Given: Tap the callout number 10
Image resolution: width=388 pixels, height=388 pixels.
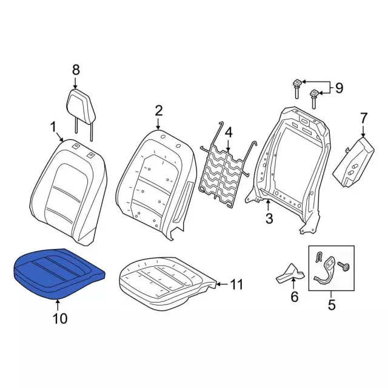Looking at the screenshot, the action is [x=59, y=318].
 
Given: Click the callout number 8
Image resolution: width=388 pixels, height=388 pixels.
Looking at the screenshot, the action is [x=76, y=70].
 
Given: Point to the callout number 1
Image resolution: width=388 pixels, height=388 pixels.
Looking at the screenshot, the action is [x=53, y=128].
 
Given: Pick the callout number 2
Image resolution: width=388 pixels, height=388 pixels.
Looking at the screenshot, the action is [x=158, y=111].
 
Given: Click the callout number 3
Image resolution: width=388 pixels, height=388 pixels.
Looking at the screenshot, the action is [x=269, y=218].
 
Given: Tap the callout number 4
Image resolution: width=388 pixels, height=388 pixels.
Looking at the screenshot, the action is [x=229, y=132].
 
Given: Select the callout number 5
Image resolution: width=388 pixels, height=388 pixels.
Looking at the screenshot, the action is [x=332, y=304].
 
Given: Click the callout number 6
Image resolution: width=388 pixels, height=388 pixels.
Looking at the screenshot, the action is [x=294, y=296].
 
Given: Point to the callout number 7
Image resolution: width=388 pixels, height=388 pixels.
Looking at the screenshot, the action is [x=363, y=119].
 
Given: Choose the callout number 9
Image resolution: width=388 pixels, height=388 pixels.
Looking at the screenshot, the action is [x=339, y=88].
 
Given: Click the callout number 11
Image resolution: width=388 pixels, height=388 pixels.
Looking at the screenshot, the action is [x=236, y=284].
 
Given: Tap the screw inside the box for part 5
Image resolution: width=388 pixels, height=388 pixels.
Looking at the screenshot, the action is [x=344, y=266].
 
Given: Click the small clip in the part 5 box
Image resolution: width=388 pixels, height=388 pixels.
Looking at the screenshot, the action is [x=319, y=256].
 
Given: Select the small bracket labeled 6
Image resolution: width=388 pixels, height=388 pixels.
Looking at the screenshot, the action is [x=290, y=273].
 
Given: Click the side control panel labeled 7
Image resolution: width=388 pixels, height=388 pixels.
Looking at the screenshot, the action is [x=353, y=162].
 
